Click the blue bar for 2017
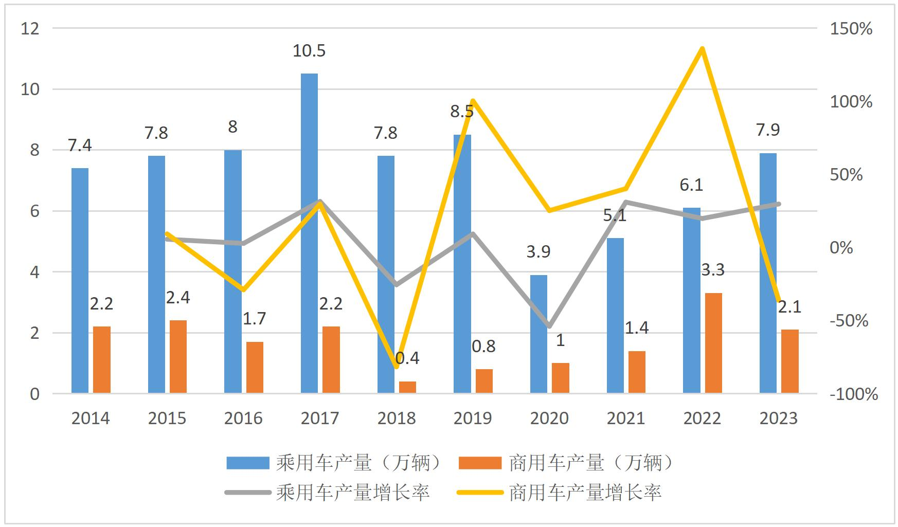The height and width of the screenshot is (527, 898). pos(309,234)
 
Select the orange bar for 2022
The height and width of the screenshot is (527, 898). pos(713,343)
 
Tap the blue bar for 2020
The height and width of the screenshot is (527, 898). pos(538,334)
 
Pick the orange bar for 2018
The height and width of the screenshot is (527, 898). pos(407,387)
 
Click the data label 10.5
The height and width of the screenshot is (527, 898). pos(309,51)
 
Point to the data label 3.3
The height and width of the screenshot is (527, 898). pos(713,269)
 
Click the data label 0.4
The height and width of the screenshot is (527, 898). pos(407,358)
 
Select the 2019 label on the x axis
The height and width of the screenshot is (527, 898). pos(473,418)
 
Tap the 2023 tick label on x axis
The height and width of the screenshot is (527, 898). pos(778,418)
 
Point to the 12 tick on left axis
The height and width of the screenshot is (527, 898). pos(30,29)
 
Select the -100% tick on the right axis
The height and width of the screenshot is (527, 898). pos(854,394)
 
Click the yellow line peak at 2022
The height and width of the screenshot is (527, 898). pos(702,49)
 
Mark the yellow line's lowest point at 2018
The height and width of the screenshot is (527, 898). pos(396,367)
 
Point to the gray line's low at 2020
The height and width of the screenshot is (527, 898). pos(549,326)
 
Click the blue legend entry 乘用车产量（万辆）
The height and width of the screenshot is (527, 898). pos(334,463)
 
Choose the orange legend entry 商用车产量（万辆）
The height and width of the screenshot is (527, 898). pos(566,463)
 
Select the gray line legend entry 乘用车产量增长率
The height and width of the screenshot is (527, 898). pos(329,493)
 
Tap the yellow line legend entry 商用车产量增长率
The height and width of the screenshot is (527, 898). pos(561,493)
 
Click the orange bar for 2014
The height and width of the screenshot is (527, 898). pos(102,360)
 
